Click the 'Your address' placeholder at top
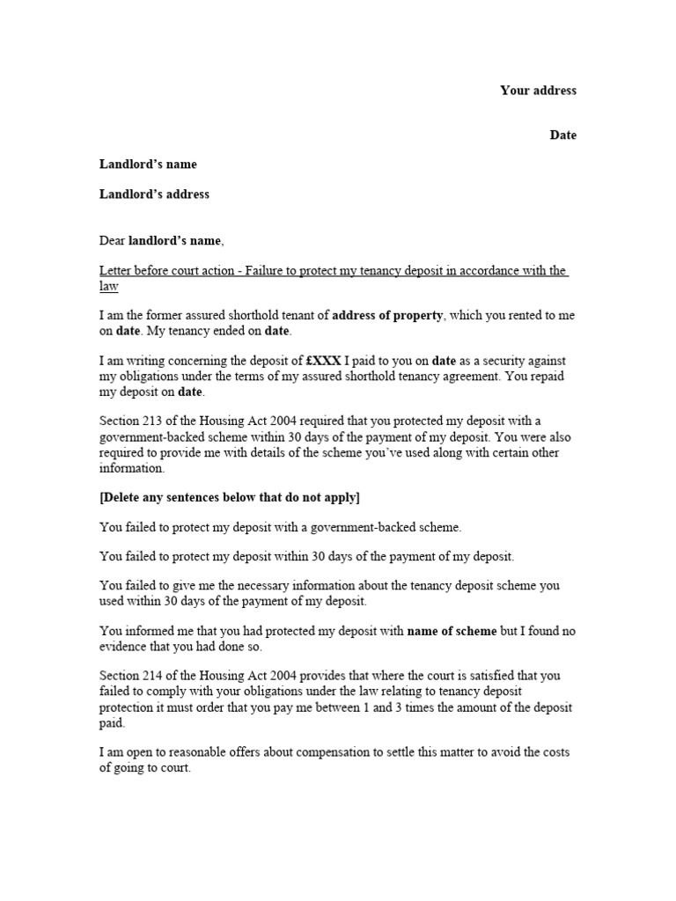click(x=538, y=91)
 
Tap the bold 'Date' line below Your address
click(x=563, y=136)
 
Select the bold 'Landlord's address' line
click(x=154, y=194)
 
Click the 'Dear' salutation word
click(x=112, y=240)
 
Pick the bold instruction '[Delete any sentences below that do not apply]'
click(x=230, y=497)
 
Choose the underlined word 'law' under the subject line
click(x=108, y=287)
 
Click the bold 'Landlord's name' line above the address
click(x=148, y=165)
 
